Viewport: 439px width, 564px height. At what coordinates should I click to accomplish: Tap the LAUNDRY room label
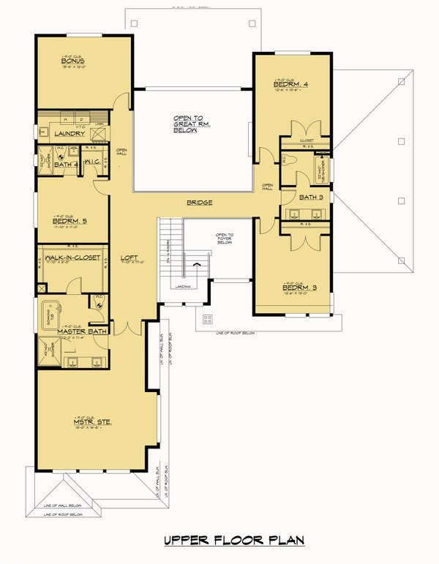pyautogui.click(x=70, y=134)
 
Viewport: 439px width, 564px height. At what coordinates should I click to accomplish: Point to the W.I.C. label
pyautogui.click(x=92, y=162)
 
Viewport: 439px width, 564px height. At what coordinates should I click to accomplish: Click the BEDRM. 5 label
pyautogui.click(x=70, y=220)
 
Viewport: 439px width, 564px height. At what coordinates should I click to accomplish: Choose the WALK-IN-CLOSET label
pyautogui.click(x=72, y=257)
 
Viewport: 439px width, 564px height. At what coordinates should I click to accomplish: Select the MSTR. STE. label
pyautogui.click(x=89, y=421)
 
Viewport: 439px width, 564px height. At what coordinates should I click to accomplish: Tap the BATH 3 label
pyautogui.click(x=310, y=198)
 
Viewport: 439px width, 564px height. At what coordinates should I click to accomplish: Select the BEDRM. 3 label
pyautogui.click(x=299, y=287)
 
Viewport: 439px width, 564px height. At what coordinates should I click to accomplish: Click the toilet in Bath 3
pyautogui.click(x=289, y=159)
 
